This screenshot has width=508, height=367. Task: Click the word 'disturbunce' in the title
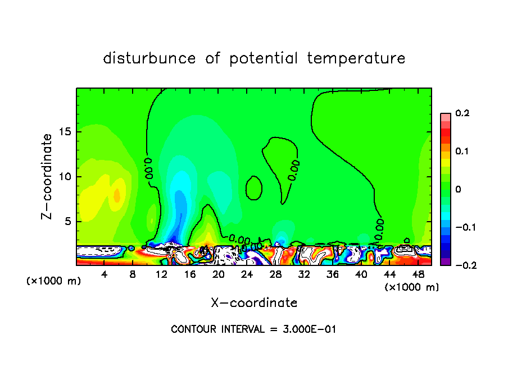point(149,58)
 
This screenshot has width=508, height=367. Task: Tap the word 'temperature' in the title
point(356,58)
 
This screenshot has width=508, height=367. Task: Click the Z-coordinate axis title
point(48,176)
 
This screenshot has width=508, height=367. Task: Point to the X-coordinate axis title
point(254,303)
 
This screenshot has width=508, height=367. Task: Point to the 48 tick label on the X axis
point(418,274)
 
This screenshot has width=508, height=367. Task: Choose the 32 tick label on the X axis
point(304,274)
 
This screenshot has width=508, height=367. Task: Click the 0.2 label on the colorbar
point(462,113)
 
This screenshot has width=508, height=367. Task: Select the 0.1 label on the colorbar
point(462,151)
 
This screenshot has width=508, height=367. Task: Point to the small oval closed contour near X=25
point(255,187)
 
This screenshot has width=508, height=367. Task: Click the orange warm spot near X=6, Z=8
point(117,195)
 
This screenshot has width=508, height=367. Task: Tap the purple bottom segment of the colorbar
point(446,261)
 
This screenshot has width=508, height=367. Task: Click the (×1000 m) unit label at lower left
point(53,281)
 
